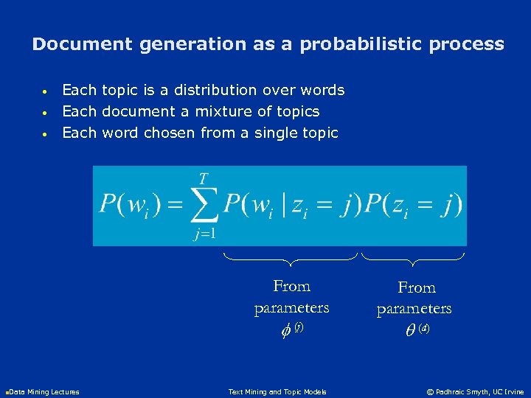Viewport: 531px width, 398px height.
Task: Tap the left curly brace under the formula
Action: coord(291,258)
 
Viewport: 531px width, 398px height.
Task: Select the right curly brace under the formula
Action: coord(413,259)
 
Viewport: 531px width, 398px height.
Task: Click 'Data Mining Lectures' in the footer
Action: coord(44,391)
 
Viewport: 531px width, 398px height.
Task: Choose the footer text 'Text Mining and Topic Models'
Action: coord(277,391)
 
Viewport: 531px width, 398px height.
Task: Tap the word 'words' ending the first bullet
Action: coord(324,90)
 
